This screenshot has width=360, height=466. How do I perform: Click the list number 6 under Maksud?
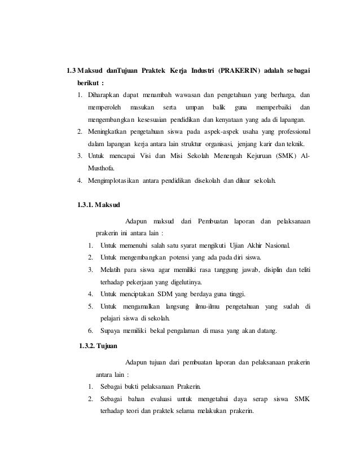[90, 331]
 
